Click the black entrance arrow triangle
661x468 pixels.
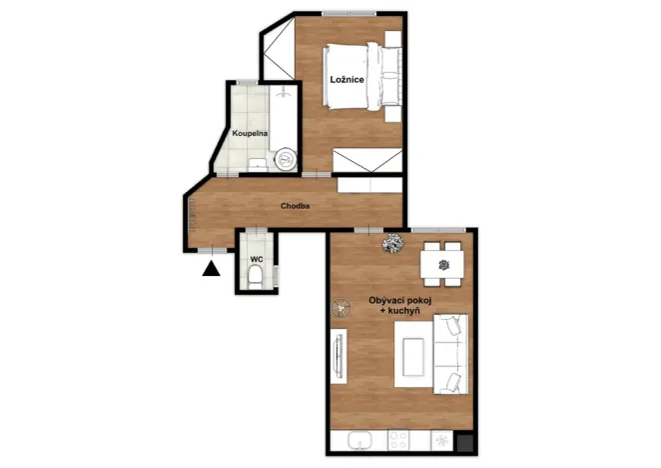[x=210, y=267]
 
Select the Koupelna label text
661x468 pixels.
[x=249, y=133]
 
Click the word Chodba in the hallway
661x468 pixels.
[x=295, y=207]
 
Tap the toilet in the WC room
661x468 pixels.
[x=257, y=275]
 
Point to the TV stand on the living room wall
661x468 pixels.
[x=337, y=355]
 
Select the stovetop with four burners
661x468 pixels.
[x=400, y=440]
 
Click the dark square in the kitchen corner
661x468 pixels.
[x=462, y=441]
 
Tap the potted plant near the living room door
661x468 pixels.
[x=393, y=242]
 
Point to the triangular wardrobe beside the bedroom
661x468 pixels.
[x=280, y=50]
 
